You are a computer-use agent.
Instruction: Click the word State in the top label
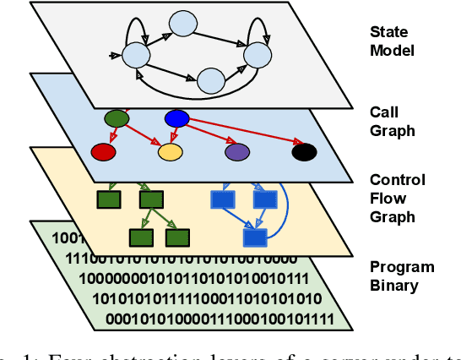click(388, 32)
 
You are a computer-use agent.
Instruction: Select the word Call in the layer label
click(383, 112)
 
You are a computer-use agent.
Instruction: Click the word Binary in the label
click(393, 285)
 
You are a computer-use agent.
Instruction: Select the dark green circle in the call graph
click(116, 118)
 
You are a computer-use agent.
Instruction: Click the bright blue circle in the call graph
click(176, 118)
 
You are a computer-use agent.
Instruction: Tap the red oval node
click(103, 152)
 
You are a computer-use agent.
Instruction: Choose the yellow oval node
click(171, 152)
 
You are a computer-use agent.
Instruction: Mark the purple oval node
click(237, 152)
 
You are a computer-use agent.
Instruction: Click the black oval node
click(304, 152)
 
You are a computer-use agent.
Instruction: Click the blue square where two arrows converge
click(254, 236)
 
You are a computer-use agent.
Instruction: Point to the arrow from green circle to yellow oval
click(144, 136)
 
